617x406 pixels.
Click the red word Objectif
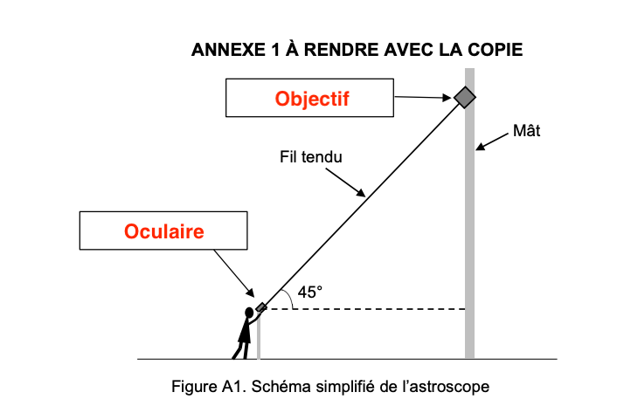(312, 99)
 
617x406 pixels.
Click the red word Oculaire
(164, 231)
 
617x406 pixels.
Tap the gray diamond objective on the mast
(465, 97)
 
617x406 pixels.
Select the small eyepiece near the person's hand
(261, 307)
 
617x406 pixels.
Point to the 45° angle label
(310, 292)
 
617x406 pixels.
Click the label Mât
(526, 130)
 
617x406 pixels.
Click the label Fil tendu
(311, 157)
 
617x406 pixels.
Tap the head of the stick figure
(249, 313)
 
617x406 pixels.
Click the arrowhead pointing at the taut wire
(361, 193)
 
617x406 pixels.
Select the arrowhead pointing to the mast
(480, 146)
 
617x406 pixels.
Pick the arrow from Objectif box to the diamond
(423, 97)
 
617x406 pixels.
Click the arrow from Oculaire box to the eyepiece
(234, 273)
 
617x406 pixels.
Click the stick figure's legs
(241, 351)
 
